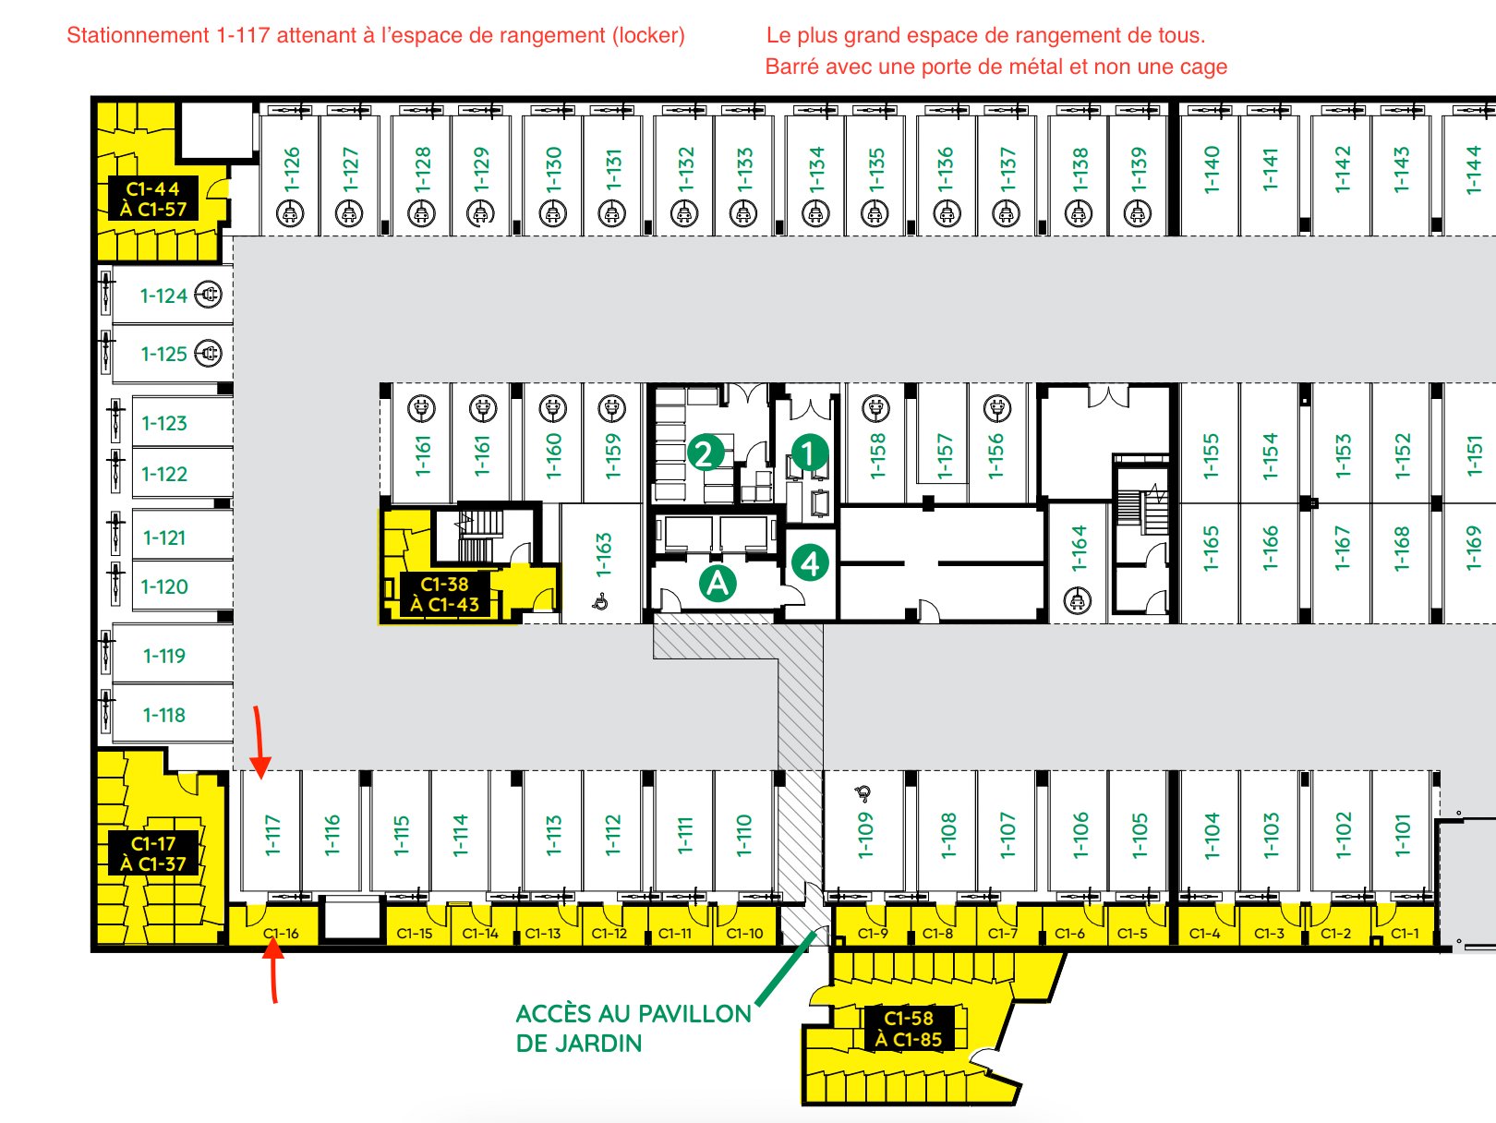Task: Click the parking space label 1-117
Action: (272, 835)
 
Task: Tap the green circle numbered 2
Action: (706, 453)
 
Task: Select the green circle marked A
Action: (718, 584)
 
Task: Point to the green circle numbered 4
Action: (811, 563)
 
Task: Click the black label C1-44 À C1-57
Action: (153, 199)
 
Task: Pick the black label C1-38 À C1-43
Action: (445, 594)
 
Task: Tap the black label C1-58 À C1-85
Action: (909, 1028)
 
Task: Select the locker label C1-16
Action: (281, 933)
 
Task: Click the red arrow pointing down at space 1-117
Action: (259, 743)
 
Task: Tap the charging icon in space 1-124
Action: (208, 295)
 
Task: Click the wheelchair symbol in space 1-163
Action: (600, 602)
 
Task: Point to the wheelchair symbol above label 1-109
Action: (863, 792)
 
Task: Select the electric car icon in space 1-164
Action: (1078, 601)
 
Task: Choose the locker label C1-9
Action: (873, 933)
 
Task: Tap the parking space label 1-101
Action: (1402, 835)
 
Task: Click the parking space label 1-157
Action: (945, 456)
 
